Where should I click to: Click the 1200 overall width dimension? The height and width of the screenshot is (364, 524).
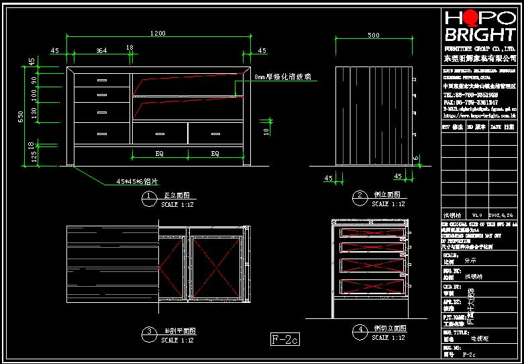pos(158,33)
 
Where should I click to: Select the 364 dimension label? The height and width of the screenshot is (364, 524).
pos(101,50)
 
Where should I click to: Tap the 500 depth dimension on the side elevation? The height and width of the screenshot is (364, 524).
pos(373,35)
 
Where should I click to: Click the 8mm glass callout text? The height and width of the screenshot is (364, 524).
pos(283,78)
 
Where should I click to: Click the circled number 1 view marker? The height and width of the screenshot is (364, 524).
pos(147,196)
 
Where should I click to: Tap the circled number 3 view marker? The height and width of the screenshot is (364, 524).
pos(147,332)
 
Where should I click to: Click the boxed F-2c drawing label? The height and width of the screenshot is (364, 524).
pos(284,339)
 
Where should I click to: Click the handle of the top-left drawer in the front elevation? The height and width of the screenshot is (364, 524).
pos(102,81)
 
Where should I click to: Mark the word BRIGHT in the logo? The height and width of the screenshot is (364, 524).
pos(479,35)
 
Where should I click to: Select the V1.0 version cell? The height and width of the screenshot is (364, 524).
pos(477,216)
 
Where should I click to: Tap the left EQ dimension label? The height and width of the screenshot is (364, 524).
pos(160,154)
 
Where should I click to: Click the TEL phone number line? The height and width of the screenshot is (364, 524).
pos(470,95)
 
